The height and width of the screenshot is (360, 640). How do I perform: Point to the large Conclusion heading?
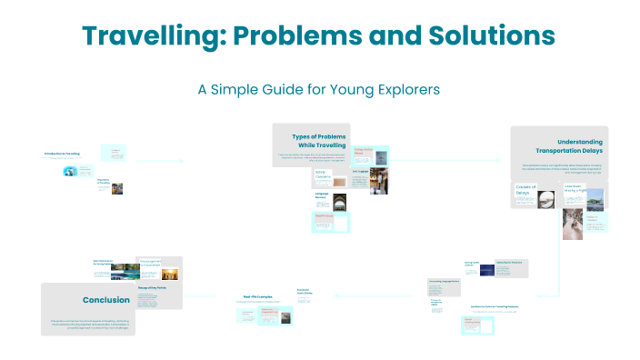(x=105, y=300)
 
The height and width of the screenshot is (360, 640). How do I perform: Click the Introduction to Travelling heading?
(x=62, y=154)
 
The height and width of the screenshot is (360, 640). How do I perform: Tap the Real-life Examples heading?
(x=259, y=296)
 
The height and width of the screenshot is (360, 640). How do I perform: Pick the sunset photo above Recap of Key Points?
(x=168, y=274)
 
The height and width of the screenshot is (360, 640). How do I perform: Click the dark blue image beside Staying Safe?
(x=480, y=268)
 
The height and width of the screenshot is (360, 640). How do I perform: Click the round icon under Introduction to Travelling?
(x=69, y=171)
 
